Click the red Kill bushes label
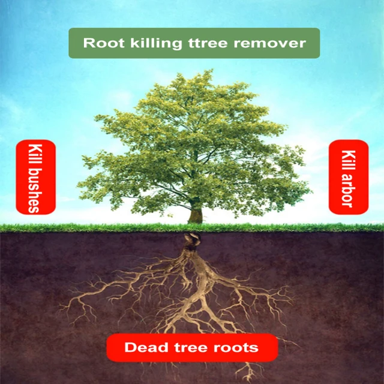(35, 177)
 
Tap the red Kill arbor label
(348, 177)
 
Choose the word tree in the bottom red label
(188, 347)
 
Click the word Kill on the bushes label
(35, 154)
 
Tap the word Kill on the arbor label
(348, 157)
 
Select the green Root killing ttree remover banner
(194, 43)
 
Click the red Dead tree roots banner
(192, 347)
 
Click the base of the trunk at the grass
(195, 223)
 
